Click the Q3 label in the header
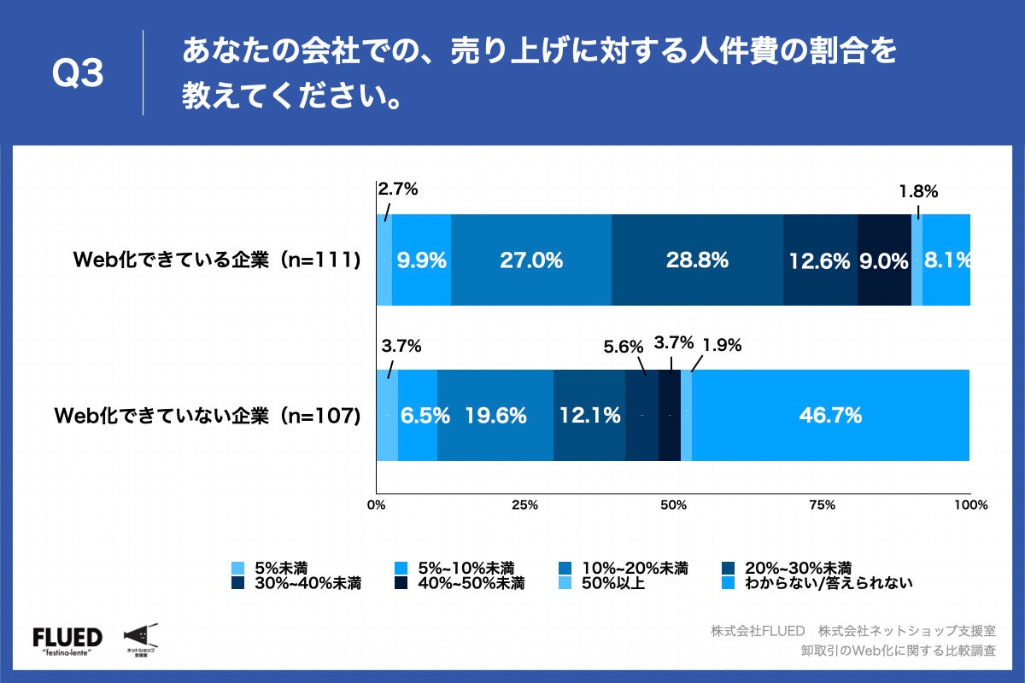click(x=78, y=74)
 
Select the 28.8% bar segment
click(x=697, y=260)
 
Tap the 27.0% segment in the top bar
click(x=530, y=260)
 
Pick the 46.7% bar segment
click(x=830, y=416)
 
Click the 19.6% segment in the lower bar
click(x=495, y=416)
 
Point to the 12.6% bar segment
click(x=820, y=260)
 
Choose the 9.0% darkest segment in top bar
click(x=884, y=260)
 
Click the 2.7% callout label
click(x=397, y=190)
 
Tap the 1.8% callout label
click(x=918, y=192)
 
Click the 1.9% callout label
click(x=721, y=346)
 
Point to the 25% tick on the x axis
click(x=524, y=505)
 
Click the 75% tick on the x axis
click(x=822, y=505)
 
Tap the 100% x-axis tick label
click(x=969, y=505)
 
